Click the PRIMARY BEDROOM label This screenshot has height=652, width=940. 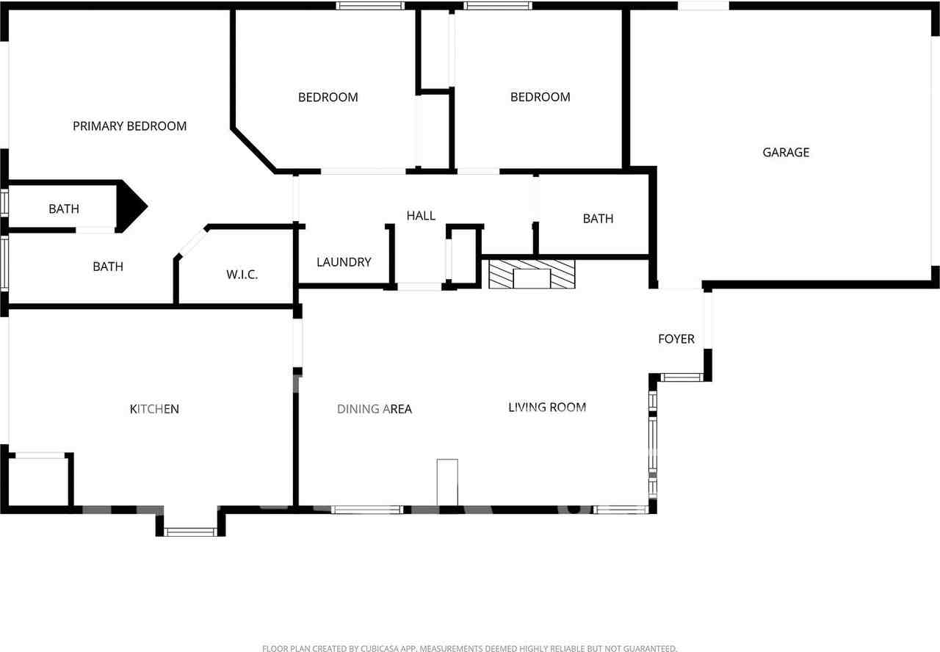click(x=129, y=126)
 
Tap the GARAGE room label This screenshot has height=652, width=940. click(x=786, y=153)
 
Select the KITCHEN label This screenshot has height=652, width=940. click(x=154, y=409)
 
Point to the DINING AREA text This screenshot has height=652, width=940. click(x=375, y=409)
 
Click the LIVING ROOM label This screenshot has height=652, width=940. click(x=547, y=407)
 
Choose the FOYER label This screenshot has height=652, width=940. click(x=676, y=339)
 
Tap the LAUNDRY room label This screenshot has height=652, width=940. click(x=344, y=262)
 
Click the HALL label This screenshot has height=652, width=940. click(x=421, y=216)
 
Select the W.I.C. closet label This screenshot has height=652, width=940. click(x=242, y=275)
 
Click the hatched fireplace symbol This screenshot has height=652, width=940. click(x=532, y=272)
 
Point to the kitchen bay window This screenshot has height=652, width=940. click(x=190, y=532)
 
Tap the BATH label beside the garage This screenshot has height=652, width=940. click(x=598, y=219)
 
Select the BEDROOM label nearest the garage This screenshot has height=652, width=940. click(x=540, y=97)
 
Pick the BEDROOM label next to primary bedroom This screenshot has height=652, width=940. click(x=328, y=97)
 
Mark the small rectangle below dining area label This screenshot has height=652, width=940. click(x=447, y=482)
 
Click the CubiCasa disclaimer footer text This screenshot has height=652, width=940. click(x=469, y=648)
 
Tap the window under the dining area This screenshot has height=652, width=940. click(x=366, y=510)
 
